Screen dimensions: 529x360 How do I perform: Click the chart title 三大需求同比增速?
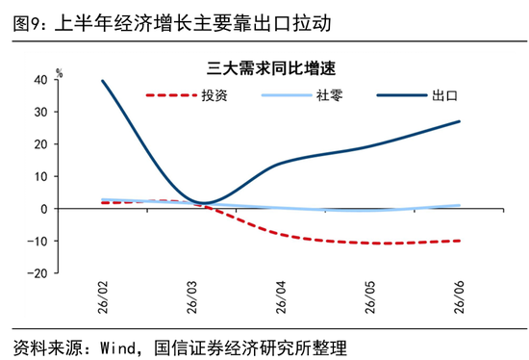point(271,68)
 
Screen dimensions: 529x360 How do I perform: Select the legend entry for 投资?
point(187,95)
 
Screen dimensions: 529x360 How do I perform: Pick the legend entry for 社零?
point(302,95)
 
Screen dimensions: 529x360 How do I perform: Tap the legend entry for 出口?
point(417,95)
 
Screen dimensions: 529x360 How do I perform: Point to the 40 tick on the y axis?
point(40,80)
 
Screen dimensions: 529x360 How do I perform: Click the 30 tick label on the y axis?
point(40,112)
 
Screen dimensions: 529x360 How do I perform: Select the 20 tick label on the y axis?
point(40,144)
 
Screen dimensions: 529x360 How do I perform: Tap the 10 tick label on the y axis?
point(40,176)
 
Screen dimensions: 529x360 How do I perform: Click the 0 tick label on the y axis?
point(44,209)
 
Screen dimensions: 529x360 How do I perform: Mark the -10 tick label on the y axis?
point(38,242)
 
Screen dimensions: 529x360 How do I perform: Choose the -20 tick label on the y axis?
point(38,273)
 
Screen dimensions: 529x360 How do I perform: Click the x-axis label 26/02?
point(103,297)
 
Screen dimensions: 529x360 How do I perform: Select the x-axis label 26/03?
point(191,297)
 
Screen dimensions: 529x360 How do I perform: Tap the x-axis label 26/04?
point(281,297)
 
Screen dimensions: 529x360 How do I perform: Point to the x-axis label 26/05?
point(370,297)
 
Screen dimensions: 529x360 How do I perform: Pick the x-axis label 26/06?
point(459,297)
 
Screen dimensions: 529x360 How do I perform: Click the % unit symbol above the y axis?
point(60,72)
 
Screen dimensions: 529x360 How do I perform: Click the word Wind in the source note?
point(117,347)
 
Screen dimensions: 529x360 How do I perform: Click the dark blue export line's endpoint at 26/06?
point(459,121)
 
